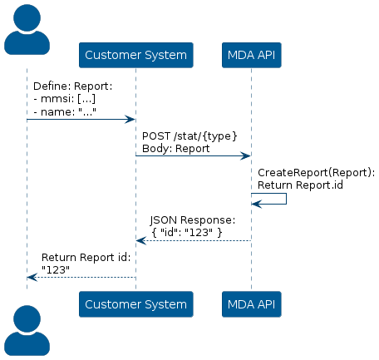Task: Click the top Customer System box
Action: click(136, 55)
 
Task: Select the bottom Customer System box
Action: click(136, 304)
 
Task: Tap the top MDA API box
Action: click(252, 55)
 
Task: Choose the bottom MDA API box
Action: click(252, 304)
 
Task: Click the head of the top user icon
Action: click(27, 17)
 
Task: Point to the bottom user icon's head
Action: click(27, 318)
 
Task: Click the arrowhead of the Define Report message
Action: click(130, 120)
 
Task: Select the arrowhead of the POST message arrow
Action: click(245, 156)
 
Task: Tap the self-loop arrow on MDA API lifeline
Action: click(286, 199)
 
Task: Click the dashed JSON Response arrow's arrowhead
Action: click(141, 240)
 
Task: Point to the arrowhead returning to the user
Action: click(32, 277)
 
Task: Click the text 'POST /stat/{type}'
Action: click(189, 136)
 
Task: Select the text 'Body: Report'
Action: click(175, 149)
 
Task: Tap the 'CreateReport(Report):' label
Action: click(316, 173)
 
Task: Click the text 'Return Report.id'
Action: click(300, 185)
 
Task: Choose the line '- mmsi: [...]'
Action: click(65, 99)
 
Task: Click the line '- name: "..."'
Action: click(65, 111)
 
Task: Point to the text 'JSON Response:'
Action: click(193, 220)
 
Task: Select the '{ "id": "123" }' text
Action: click(187, 232)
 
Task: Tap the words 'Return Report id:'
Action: click(86, 258)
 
